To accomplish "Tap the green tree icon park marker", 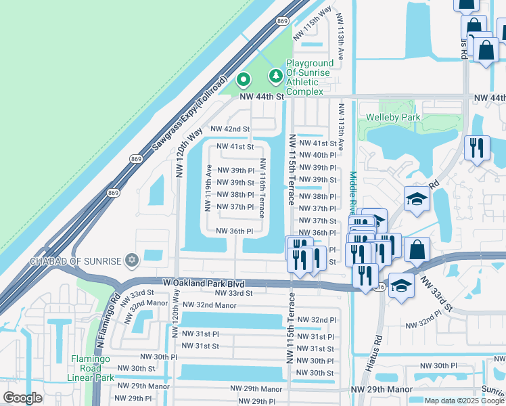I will pos(275,75).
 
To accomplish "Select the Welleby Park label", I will pos(393,117).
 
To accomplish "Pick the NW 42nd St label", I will pos(230,129).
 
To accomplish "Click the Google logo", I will pos(23,397).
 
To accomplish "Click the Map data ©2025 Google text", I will pos(464,401).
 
